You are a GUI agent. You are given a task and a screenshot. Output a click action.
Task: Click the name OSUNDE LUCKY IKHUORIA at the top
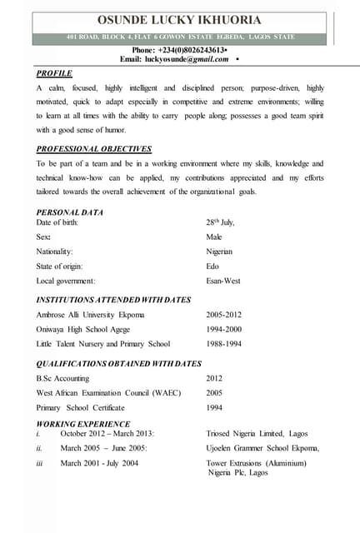tap(179, 19)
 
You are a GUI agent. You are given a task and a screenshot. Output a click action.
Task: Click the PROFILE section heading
tap(54, 73)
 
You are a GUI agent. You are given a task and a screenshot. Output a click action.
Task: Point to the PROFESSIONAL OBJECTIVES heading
tap(93, 149)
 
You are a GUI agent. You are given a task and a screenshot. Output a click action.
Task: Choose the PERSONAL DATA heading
tap(70, 212)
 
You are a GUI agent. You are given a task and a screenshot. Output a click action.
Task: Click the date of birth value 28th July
tap(220, 222)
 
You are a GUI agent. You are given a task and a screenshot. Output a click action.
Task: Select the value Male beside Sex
tap(214, 237)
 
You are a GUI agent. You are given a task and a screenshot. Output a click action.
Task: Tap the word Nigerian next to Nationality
tap(219, 252)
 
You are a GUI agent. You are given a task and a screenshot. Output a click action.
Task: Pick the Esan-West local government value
tap(222, 281)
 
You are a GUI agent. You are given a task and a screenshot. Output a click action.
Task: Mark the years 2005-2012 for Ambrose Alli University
tap(224, 315)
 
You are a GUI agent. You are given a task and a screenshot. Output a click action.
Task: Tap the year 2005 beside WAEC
tap(214, 392)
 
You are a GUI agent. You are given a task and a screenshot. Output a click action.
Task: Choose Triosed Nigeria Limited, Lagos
tap(257, 434)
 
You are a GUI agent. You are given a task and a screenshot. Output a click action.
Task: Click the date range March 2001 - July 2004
tap(99, 462)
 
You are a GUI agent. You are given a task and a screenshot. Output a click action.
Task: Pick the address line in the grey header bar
tap(179, 37)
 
